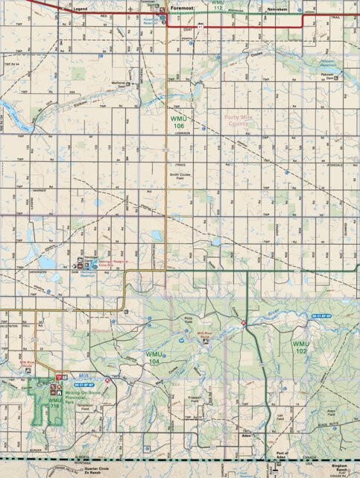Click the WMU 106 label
[x=177, y=122]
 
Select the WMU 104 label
[x=156, y=357]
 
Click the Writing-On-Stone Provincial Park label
[x=81, y=397]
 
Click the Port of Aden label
[x=280, y=455]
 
